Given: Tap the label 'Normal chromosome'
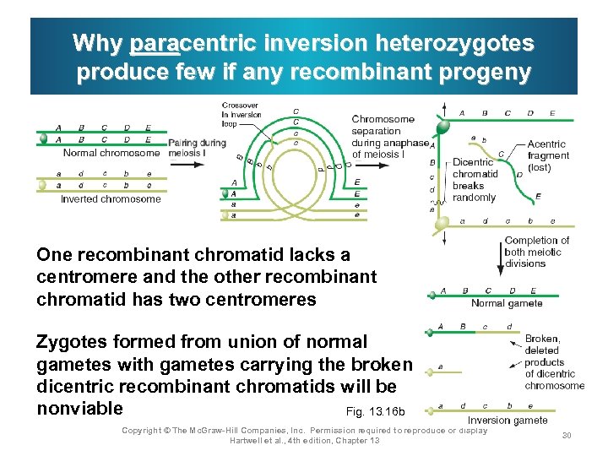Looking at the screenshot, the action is point(111,153).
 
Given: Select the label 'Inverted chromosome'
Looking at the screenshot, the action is point(111,199).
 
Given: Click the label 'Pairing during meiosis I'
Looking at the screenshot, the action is point(197,148).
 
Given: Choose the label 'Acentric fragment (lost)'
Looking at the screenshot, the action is point(548,155).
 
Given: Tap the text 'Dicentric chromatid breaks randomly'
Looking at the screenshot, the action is point(474,179).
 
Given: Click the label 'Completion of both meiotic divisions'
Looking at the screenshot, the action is point(536,252).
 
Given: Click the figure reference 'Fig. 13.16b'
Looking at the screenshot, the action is point(376,411).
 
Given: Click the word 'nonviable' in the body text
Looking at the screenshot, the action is point(79,409).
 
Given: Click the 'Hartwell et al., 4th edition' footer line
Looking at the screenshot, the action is point(304,440).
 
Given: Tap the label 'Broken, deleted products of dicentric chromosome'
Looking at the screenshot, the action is point(554,361).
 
